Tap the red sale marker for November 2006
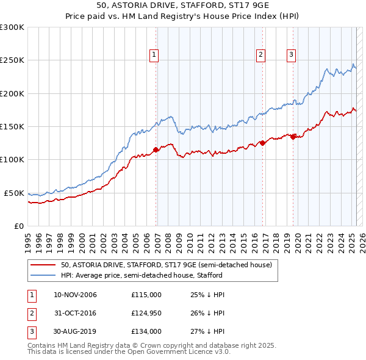(156, 149)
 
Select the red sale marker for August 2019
(293, 137)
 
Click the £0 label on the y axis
(19, 226)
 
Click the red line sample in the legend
(43, 265)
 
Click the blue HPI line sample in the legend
(43, 275)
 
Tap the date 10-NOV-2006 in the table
(75, 295)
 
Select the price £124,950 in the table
(146, 314)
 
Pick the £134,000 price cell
(146, 333)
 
